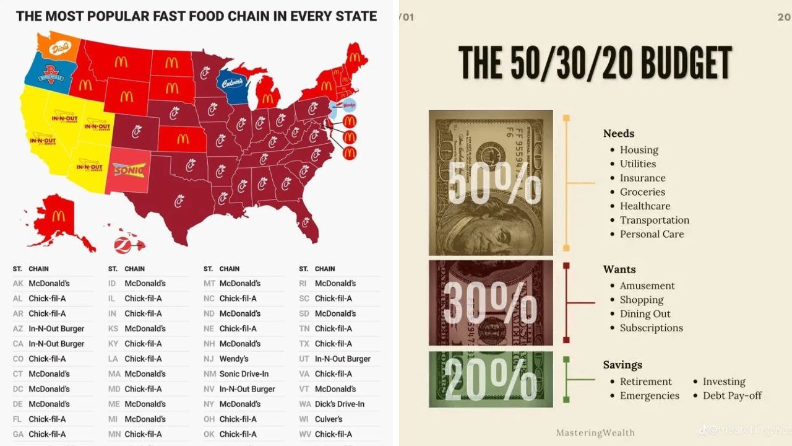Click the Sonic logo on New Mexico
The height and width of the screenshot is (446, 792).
(x=129, y=169)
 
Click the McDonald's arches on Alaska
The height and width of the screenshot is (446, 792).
(x=58, y=216)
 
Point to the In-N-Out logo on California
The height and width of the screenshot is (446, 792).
(x=42, y=141)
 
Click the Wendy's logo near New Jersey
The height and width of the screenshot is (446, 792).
(x=349, y=105)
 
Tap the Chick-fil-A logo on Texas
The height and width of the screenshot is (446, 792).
(x=179, y=199)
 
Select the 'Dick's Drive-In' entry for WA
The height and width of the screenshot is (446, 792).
(x=339, y=404)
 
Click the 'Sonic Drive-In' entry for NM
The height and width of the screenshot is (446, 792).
(x=244, y=374)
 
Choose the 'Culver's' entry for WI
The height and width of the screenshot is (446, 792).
(x=328, y=419)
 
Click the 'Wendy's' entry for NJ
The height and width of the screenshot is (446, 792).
(x=234, y=359)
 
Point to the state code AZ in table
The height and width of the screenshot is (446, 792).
(x=18, y=328)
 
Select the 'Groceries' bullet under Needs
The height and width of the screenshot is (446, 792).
(x=642, y=192)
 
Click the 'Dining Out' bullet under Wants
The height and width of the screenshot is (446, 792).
(x=645, y=314)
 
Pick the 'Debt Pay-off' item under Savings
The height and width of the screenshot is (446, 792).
(x=732, y=395)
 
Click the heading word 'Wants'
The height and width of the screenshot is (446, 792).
(x=619, y=269)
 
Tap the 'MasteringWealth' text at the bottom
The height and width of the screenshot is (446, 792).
(x=595, y=432)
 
